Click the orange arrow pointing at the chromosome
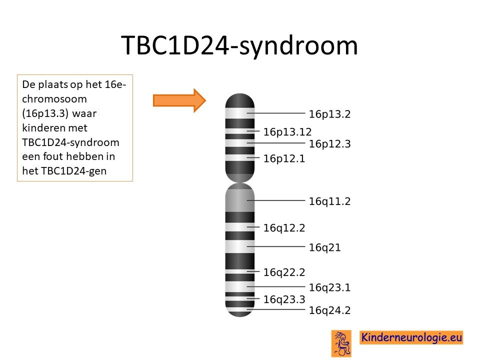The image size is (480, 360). (179, 100)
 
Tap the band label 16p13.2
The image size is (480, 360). (329, 114)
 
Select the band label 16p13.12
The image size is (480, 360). (287, 132)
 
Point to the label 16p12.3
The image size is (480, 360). (329, 144)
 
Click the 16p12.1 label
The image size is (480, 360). (284, 158)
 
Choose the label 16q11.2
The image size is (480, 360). (329, 201)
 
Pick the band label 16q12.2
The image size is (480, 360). (284, 228)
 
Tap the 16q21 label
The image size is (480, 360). (324, 247)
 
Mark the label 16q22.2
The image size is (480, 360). (284, 272)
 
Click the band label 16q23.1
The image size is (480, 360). (329, 288)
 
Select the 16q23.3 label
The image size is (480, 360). (284, 299)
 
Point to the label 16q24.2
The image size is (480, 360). (329, 310)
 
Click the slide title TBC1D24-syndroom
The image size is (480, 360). (239, 46)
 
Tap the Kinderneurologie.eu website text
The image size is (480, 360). (411, 337)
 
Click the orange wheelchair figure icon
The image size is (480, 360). (341, 343)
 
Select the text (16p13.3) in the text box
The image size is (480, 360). (45, 113)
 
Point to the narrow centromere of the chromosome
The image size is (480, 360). (239, 182)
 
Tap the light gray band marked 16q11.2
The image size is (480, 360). (239, 200)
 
